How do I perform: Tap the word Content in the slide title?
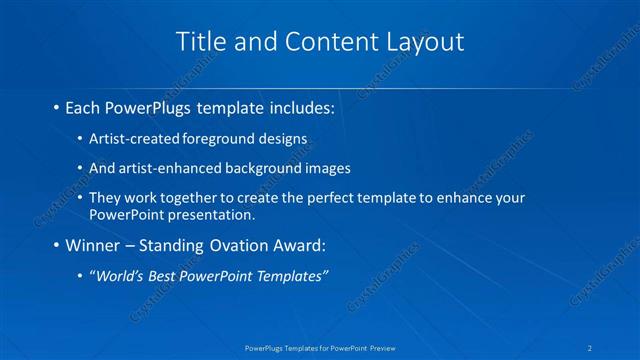322,42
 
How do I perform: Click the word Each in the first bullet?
82,106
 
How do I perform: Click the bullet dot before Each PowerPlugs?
55,106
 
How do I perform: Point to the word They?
105,198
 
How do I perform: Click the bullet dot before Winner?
55,245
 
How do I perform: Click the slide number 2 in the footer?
591,347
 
